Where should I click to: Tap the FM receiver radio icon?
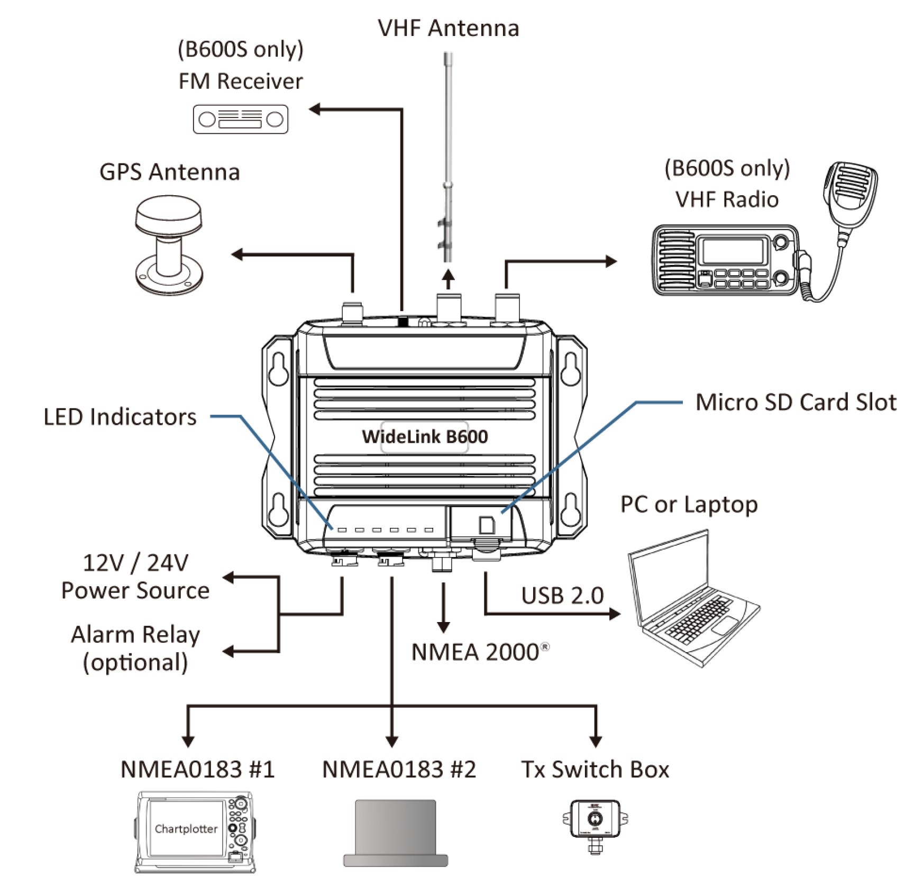241,119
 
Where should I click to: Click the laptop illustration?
693,598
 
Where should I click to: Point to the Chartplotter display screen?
187,828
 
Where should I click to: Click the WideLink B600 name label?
425,437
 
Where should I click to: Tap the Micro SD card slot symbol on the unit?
487,525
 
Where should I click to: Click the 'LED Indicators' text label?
120,417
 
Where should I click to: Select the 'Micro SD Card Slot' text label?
796,402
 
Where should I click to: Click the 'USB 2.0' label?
562,596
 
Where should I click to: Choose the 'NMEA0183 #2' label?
399,770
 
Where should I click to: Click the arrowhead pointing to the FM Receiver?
315,109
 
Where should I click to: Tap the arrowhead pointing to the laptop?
615,614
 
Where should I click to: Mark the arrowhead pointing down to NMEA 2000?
443,627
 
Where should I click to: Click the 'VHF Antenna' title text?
449,28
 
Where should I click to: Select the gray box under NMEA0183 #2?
396,833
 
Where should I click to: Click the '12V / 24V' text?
135,563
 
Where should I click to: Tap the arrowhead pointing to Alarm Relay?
228,651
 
